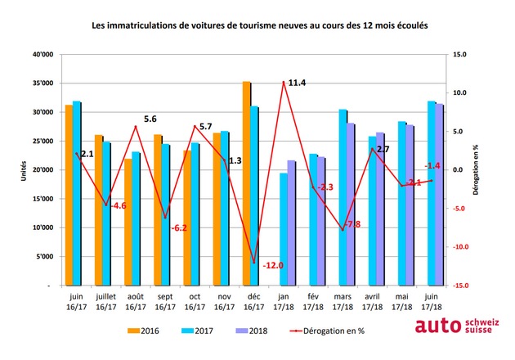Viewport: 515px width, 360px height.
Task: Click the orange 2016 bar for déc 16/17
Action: [247, 183]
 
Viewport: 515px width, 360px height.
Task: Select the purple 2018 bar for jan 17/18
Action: [291, 223]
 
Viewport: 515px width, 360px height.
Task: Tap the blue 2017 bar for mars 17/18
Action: [343, 197]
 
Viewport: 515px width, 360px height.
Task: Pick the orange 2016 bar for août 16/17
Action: [128, 222]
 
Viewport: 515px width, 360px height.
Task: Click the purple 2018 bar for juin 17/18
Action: [439, 195]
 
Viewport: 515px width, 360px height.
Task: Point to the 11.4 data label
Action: [297, 83]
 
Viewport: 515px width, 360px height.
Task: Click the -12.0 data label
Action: [273, 265]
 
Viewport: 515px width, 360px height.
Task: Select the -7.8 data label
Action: [352, 224]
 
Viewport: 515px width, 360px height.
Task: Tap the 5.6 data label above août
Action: [150, 119]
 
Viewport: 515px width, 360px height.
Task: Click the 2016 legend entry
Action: [143, 331]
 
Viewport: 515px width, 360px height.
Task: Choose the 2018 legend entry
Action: [252, 331]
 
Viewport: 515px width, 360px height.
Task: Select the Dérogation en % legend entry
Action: [328, 331]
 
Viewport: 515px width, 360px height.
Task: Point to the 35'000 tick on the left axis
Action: [43, 83]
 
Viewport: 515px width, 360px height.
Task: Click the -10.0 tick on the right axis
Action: [461, 247]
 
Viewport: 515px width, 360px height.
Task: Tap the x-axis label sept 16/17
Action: [165, 302]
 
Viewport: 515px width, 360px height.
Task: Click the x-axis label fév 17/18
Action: [313, 302]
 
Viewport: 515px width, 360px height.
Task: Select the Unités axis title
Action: [24, 171]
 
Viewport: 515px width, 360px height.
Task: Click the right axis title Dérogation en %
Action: [476, 170]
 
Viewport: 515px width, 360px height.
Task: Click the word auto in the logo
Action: [438, 326]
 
